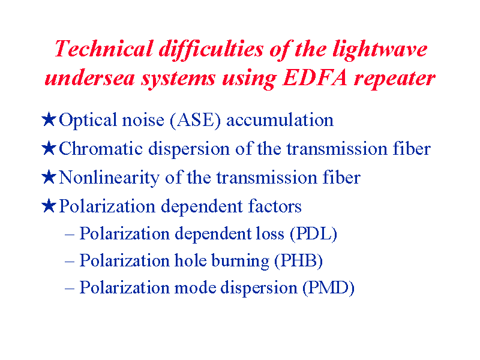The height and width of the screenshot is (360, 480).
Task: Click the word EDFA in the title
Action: point(316,78)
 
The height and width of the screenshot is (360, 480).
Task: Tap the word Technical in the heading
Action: point(104,49)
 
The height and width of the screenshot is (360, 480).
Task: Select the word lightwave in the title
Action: point(380,50)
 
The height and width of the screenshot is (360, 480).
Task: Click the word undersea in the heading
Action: point(89,78)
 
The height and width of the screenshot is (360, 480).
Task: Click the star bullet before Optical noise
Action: point(49,119)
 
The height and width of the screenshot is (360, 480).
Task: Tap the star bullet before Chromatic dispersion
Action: point(49,148)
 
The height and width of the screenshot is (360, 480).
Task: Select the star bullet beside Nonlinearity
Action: point(49,177)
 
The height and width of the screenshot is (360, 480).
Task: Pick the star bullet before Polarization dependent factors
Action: point(49,206)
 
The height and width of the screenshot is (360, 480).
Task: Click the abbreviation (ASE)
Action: point(196,120)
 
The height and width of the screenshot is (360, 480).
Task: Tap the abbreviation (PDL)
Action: point(313,234)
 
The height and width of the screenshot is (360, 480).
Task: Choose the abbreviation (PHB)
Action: point(298,261)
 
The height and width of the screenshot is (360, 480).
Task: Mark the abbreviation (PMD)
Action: point(328,288)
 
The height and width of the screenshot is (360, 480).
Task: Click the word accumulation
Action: point(280,120)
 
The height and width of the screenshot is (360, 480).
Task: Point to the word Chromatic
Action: point(101,149)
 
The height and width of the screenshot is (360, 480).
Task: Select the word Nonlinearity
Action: point(109,178)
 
